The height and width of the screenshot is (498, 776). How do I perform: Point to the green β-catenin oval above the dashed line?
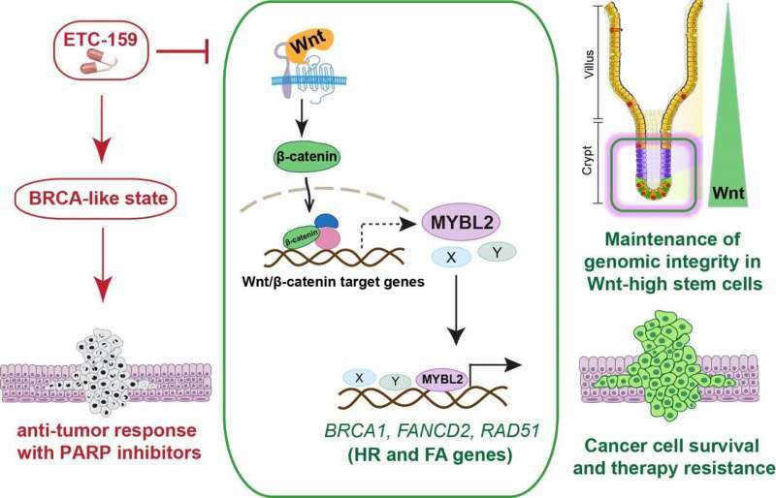coord(292,156)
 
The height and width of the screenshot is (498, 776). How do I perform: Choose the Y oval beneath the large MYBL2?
coord(498,250)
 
